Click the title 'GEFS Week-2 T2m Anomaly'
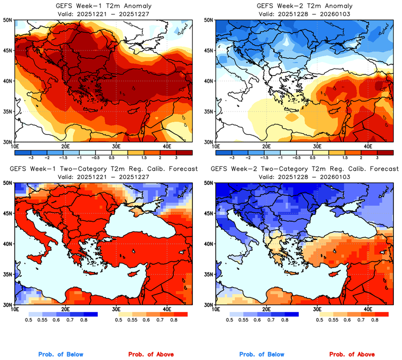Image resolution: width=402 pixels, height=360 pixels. pos(304,5)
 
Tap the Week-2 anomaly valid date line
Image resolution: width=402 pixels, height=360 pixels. pos(304,13)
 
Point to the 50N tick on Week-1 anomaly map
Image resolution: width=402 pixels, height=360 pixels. pos(8,20)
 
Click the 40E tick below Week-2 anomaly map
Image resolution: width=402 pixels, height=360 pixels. pos(368,146)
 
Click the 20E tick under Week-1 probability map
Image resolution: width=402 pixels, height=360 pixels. pos(66,309)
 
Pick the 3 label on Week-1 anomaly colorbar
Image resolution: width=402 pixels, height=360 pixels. pos(185,156)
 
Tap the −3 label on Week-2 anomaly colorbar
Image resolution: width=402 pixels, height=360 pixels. pos(232,156)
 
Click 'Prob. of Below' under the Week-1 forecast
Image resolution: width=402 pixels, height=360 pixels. pos(60,355)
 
